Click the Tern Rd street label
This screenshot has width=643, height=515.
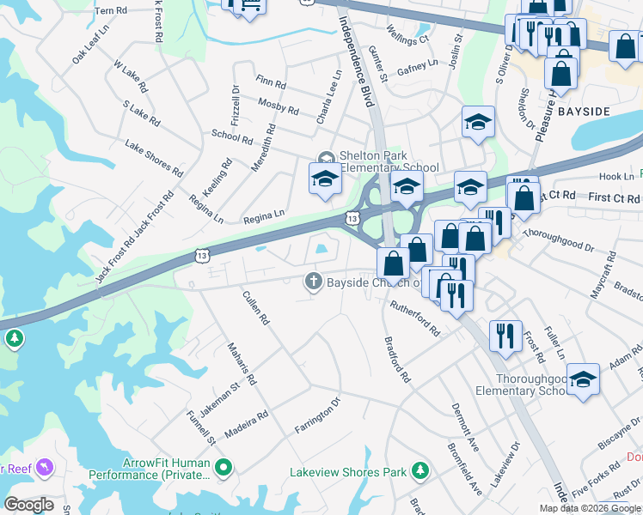[x=111, y=11]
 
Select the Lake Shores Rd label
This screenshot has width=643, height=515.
[x=155, y=159]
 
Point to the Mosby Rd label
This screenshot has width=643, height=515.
[x=278, y=107]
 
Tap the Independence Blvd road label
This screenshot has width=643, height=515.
[x=360, y=69]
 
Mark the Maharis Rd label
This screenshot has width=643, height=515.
[x=242, y=364]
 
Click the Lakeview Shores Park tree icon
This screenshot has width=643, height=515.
[x=419, y=470]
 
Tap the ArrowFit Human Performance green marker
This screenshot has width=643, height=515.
[x=224, y=469]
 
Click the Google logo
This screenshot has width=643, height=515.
[x=28, y=505]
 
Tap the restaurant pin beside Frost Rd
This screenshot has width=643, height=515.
[x=505, y=335]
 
